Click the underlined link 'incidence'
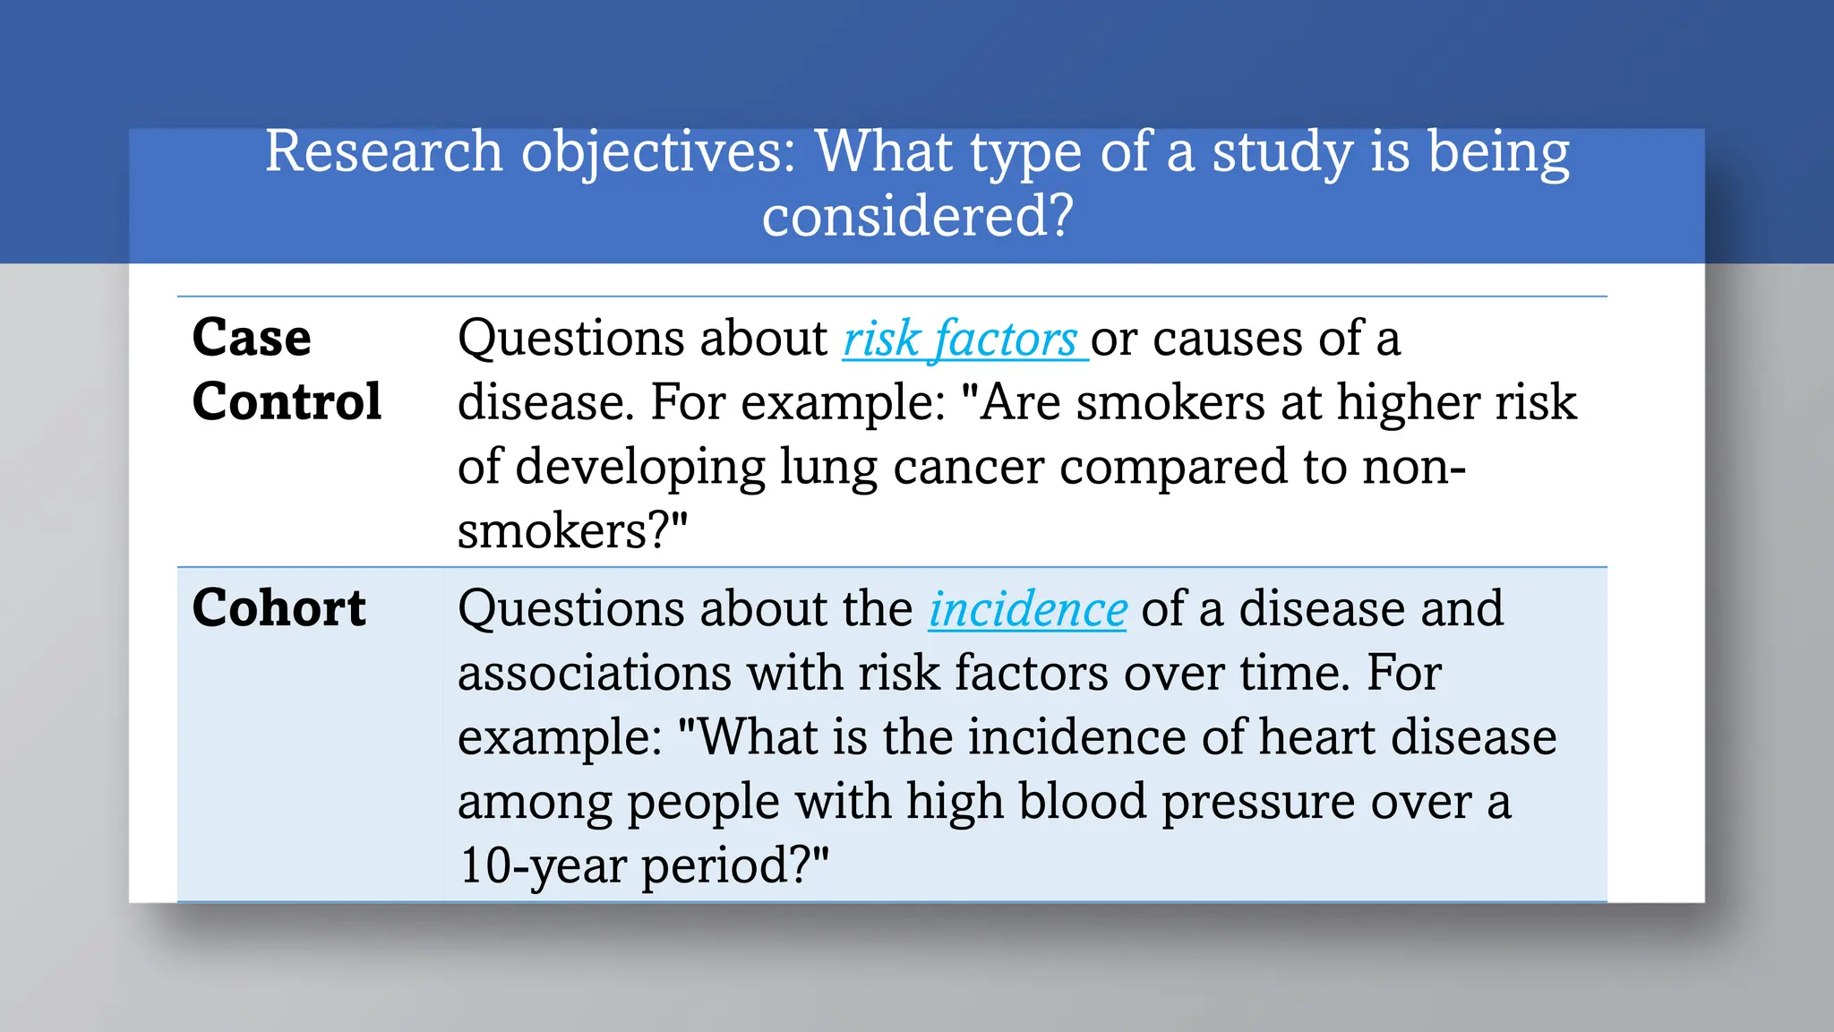click(1027, 610)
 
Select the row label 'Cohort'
click(279, 608)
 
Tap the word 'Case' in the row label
click(252, 338)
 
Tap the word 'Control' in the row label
click(287, 401)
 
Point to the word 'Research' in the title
click(383, 151)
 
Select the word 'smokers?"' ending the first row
click(572, 531)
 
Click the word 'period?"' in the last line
click(735, 866)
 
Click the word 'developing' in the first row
click(640, 468)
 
